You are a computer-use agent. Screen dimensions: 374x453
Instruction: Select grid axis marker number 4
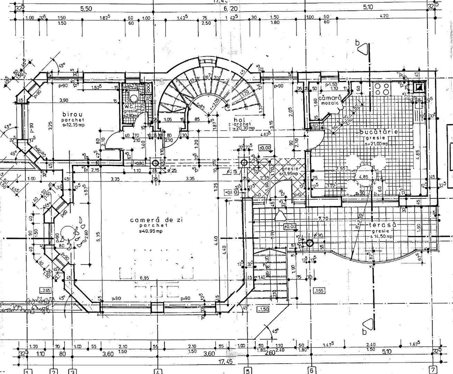coord(157,371)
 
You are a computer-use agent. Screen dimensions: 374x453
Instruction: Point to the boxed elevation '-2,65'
coord(45,290)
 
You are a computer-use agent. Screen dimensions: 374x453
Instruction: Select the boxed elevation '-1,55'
coord(318,291)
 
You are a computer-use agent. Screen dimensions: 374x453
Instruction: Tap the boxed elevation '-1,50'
coord(264,309)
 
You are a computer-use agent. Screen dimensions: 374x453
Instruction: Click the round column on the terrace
coord(310,243)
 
